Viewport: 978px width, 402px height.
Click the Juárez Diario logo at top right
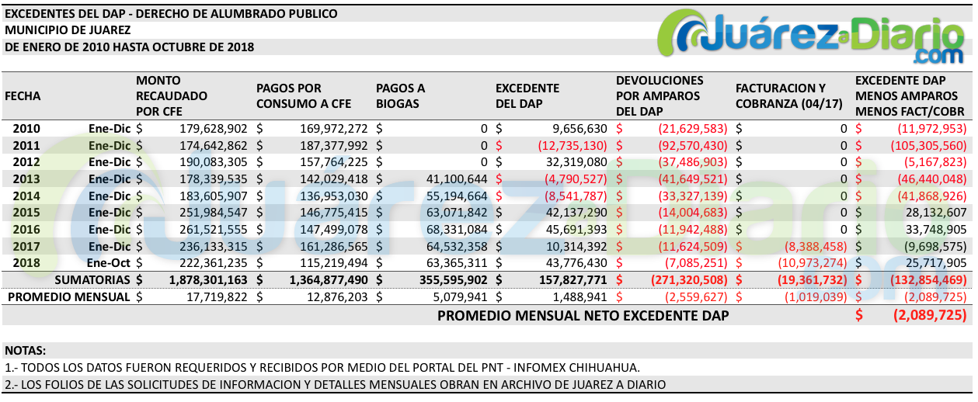click(811, 37)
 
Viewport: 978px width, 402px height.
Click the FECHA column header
click(23, 96)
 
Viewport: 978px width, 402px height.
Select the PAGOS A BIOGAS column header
click(400, 96)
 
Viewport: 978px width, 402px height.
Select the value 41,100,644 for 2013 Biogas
click(455, 178)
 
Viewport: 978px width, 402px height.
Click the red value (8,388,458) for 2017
click(812, 246)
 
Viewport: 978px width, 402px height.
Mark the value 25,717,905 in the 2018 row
click(933, 262)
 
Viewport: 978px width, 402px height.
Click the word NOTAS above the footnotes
click(26, 351)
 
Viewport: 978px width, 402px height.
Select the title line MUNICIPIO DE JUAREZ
click(68, 30)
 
